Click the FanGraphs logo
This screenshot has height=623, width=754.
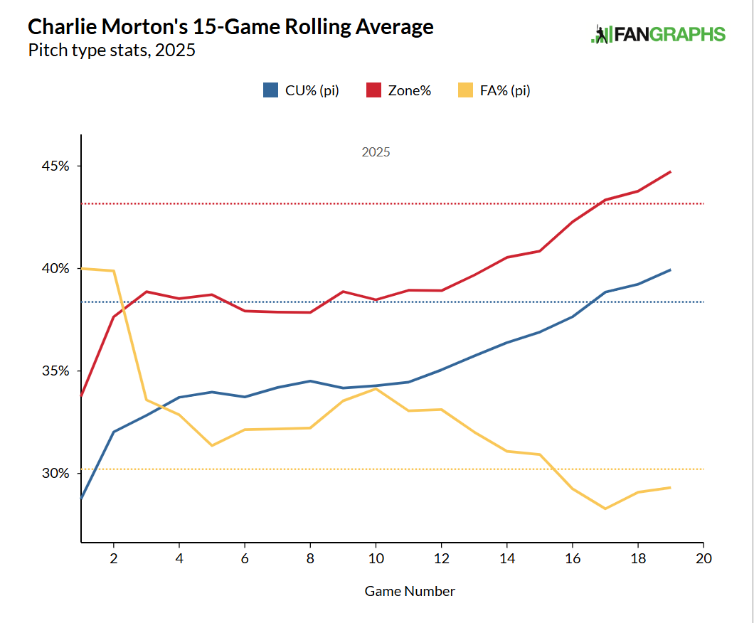pos(658,34)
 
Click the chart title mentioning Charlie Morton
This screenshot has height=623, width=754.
pos(230,27)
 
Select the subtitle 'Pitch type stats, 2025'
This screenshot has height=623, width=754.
pos(112,50)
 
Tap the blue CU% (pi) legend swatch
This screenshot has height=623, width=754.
pos(270,90)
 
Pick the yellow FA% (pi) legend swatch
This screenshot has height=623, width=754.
pos(465,90)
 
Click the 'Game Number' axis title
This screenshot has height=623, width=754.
pos(410,591)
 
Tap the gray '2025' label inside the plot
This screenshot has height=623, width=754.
pos(376,152)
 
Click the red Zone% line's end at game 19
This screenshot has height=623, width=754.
pos(671,171)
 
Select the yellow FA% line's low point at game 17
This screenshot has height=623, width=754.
pos(605,508)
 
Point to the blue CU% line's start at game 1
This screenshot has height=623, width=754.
pos(81,499)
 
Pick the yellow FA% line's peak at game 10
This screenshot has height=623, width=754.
pos(376,388)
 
